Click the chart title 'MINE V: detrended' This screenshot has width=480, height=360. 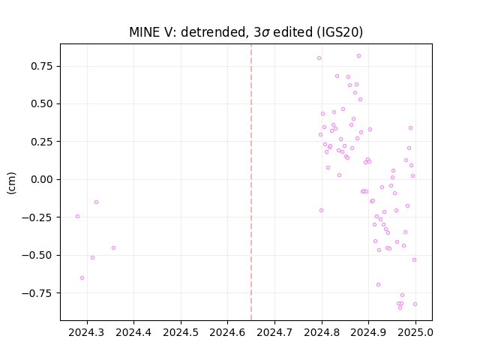pos(188,32)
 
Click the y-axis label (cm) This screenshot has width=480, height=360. pos(11,183)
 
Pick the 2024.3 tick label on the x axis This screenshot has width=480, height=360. pos(87,332)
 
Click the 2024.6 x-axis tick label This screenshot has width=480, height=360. pos(227,332)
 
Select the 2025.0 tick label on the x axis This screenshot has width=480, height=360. pos(415,332)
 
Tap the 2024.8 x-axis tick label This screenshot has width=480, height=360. pos(322,332)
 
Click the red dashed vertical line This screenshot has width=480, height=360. pos(251,182)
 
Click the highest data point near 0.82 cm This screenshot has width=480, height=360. pos(358,56)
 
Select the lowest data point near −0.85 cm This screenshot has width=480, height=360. pos(400,307)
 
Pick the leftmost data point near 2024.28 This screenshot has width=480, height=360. pos(77,217)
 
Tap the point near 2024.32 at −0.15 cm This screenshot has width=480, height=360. pos(97,202)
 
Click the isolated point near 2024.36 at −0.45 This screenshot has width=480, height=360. pos(113,248)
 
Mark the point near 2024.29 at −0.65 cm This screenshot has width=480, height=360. pos(82,278)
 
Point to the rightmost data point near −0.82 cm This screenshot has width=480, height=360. pos(415,304)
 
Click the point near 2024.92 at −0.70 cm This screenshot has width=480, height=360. pos(378,285)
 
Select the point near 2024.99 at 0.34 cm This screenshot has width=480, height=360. pos(410,128)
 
